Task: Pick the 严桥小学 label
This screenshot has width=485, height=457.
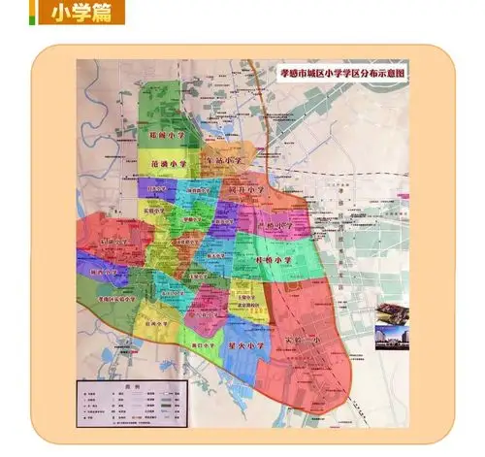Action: tap(274, 225)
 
